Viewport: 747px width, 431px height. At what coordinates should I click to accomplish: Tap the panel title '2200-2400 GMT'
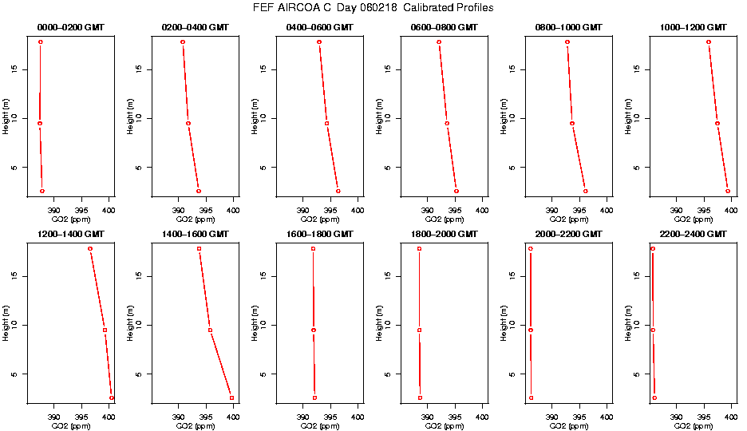(694, 234)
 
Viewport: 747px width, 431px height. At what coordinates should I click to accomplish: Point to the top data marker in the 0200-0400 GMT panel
(183, 42)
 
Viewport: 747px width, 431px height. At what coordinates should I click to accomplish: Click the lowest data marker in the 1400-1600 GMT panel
(232, 397)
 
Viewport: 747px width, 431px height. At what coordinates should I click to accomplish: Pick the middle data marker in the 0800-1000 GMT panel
(572, 123)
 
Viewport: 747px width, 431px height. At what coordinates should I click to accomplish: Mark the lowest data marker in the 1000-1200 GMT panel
(728, 191)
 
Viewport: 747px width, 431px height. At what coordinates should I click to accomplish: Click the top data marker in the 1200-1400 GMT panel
(90, 249)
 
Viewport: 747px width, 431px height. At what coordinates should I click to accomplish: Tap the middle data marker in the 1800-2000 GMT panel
(419, 330)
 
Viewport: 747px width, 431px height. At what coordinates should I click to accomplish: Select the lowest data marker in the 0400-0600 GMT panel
(338, 191)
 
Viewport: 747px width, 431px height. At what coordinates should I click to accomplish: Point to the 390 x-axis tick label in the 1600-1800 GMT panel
(302, 417)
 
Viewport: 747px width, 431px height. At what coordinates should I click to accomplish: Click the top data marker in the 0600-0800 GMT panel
(439, 42)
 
